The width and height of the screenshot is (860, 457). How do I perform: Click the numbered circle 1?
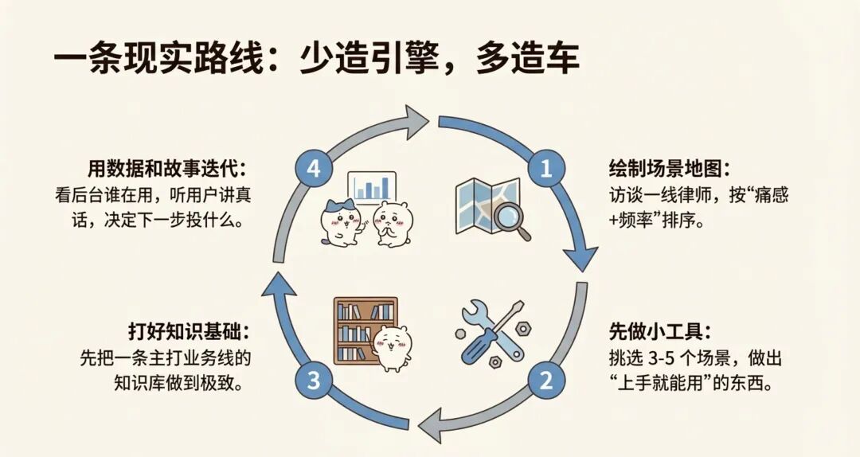(x=546, y=168)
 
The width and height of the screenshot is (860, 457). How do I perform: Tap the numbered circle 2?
(x=546, y=380)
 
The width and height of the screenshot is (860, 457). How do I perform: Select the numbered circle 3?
(x=313, y=380)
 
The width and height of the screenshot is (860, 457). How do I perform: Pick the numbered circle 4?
(x=313, y=168)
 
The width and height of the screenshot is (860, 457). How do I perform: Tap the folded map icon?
(x=482, y=204)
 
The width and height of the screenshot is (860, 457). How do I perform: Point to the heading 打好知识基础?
(x=189, y=330)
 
